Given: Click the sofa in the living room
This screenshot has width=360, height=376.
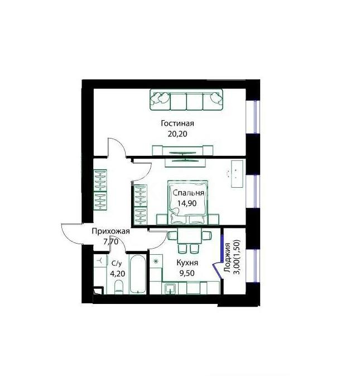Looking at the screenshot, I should pos(186,99).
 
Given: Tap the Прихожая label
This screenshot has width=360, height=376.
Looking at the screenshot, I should pos(111,231).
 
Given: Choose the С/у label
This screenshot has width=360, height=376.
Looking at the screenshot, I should pos(117,263).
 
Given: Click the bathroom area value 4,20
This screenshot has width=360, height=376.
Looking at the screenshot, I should pos(117,273).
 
